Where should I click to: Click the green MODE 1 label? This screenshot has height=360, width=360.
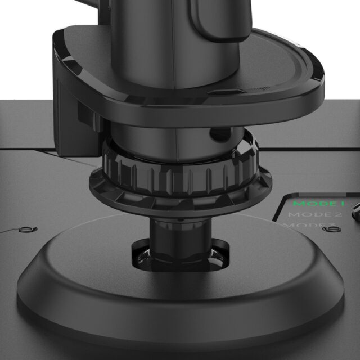click(318, 203)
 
